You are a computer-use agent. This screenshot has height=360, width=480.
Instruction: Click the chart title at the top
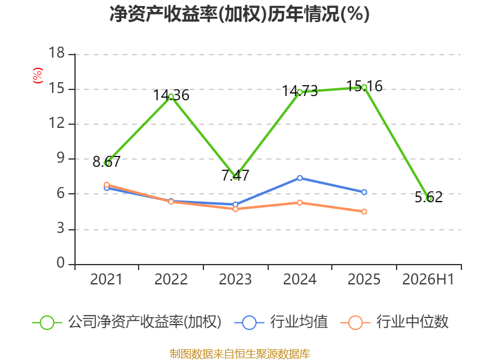click(x=239, y=14)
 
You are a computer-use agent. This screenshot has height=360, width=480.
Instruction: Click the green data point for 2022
click(x=171, y=97)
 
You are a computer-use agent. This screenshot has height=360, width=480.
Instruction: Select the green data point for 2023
click(x=235, y=177)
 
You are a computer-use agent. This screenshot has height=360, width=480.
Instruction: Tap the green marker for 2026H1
click(x=428, y=199)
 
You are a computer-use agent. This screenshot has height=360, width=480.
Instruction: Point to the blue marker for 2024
click(x=299, y=178)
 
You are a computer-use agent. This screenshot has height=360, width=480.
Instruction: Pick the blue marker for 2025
click(x=364, y=192)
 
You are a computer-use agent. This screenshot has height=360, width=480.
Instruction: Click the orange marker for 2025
click(x=364, y=212)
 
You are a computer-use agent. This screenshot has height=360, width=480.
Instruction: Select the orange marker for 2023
click(x=235, y=209)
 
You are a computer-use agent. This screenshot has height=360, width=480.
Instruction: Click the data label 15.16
click(x=364, y=86)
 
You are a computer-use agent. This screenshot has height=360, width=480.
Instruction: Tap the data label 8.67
click(x=107, y=161)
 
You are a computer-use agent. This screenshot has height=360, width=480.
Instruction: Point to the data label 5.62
click(x=428, y=197)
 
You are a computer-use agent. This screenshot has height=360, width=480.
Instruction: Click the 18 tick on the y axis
click(x=56, y=53)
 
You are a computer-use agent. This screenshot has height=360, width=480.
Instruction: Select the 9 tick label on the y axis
click(x=61, y=158)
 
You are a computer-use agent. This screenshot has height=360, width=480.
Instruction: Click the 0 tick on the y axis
click(x=61, y=263)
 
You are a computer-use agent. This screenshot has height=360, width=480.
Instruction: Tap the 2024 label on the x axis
click(x=299, y=279)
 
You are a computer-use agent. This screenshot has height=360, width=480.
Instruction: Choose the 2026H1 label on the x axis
click(x=428, y=279)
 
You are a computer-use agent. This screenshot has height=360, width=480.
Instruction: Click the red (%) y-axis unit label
click(x=38, y=76)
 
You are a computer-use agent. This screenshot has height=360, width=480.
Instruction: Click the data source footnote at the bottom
click(x=240, y=354)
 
